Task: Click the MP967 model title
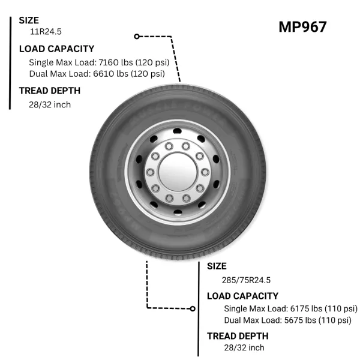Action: (302, 27)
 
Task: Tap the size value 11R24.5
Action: (46, 32)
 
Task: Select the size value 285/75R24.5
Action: (246, 280)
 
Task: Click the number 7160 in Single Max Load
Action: (106, 62)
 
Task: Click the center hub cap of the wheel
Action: (178, 172)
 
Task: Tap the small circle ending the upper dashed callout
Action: (137, 36)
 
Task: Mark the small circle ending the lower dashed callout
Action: (193, 309)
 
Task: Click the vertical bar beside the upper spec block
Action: (10, 63)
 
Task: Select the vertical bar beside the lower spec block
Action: (199, 309)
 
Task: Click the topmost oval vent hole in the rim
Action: (177, 131)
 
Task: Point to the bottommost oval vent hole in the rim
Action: (178, 212)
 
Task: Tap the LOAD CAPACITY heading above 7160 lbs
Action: (57, 49)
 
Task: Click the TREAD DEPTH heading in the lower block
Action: (238, 336)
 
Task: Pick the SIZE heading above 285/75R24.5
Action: (217, 266)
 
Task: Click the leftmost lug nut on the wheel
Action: (151, 172)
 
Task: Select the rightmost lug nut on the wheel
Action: (205, 172)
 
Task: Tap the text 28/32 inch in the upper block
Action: (50, 104)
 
